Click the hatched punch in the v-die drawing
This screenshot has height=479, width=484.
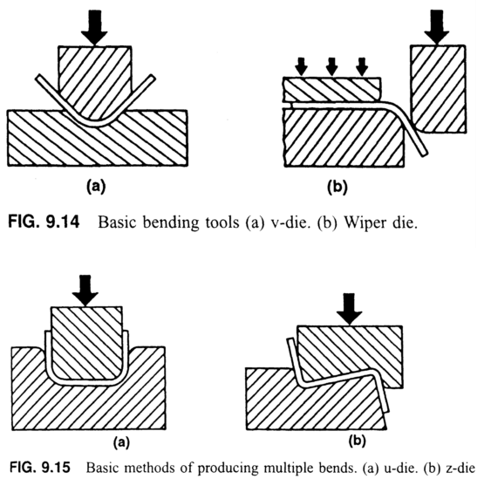(x=95, y=75)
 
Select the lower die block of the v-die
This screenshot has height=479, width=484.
(x=52, y=140)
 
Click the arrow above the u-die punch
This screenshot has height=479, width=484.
(x=85, y=292)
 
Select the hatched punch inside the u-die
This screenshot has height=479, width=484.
(x=85, y=340)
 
